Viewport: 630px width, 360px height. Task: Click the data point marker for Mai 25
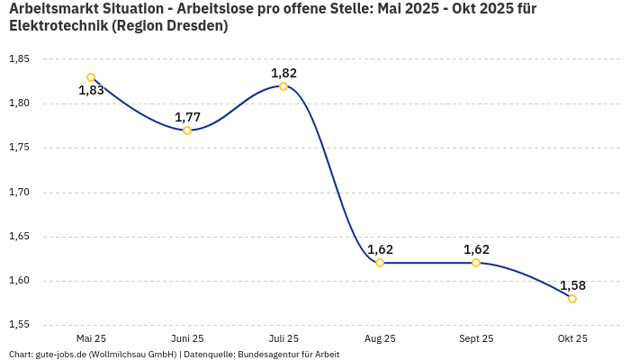pyautogui.click(x=91, y=77)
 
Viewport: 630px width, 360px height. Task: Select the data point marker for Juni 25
pyautogui.click(x=187, y=130)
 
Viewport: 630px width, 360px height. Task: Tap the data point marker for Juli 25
pyautogui.click(x=283, y=86)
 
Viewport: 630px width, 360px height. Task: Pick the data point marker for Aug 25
pyautogui.click(x=380, y=263)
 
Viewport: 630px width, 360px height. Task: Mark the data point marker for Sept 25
pyautogui.click(x=476, y=263)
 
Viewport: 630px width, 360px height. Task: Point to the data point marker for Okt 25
pyautogui.click(x=572, y=299)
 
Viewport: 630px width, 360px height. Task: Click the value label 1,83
pyautogui.click(x=91, y=90)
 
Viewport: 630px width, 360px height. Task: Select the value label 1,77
pyautogui.click(x=187, y=117)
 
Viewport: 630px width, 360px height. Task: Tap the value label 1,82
pyautogui.click(x=283, y=73)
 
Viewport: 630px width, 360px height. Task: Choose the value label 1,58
pyautogui.click(x=572, y=285)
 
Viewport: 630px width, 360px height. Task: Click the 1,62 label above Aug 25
pyautogui.click(x=380, y=249)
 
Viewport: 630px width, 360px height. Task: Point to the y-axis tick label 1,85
pyautogui.click(x=19, y=59)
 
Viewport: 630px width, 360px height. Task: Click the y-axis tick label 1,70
pyautogui.click(x=19, y=192)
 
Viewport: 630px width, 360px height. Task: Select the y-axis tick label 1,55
pyautogui.click(x=19, y=324)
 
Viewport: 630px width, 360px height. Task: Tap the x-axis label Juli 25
pyautogui.click(x=283, y=338)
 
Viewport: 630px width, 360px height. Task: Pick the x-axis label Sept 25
pyautogui.click(x=476, y=338)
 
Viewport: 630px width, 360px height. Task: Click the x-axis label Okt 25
pyautogui.click(x=572, y=338)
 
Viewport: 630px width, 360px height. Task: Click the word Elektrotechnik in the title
pyautogui.click(x=58, y=25)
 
